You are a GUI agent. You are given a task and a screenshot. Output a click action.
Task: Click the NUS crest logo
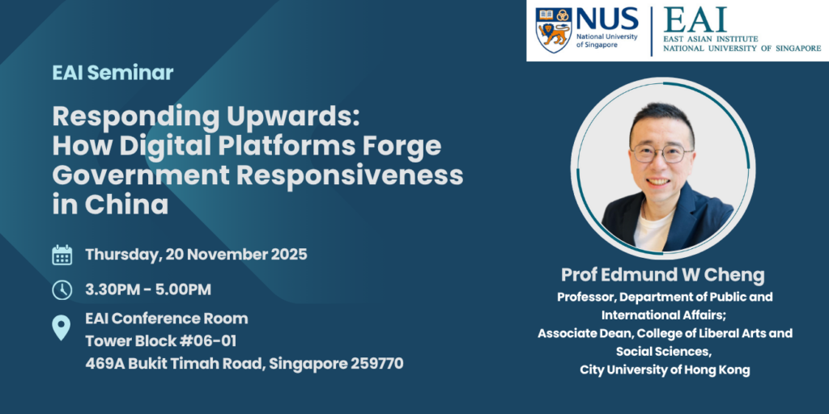(554, 30)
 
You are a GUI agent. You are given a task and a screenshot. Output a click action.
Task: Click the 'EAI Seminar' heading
(113, 73)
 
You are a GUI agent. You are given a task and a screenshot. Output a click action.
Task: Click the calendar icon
(62, 255)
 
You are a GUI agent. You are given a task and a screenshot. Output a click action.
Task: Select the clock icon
(62, 289)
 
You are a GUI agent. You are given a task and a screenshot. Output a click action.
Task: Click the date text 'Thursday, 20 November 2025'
(196, 255)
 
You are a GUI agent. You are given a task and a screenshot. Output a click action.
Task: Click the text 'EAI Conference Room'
(167, 318)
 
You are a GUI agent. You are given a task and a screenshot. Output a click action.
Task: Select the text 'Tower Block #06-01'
(161, 340)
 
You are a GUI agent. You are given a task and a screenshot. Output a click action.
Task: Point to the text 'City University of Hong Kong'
(665, 370)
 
